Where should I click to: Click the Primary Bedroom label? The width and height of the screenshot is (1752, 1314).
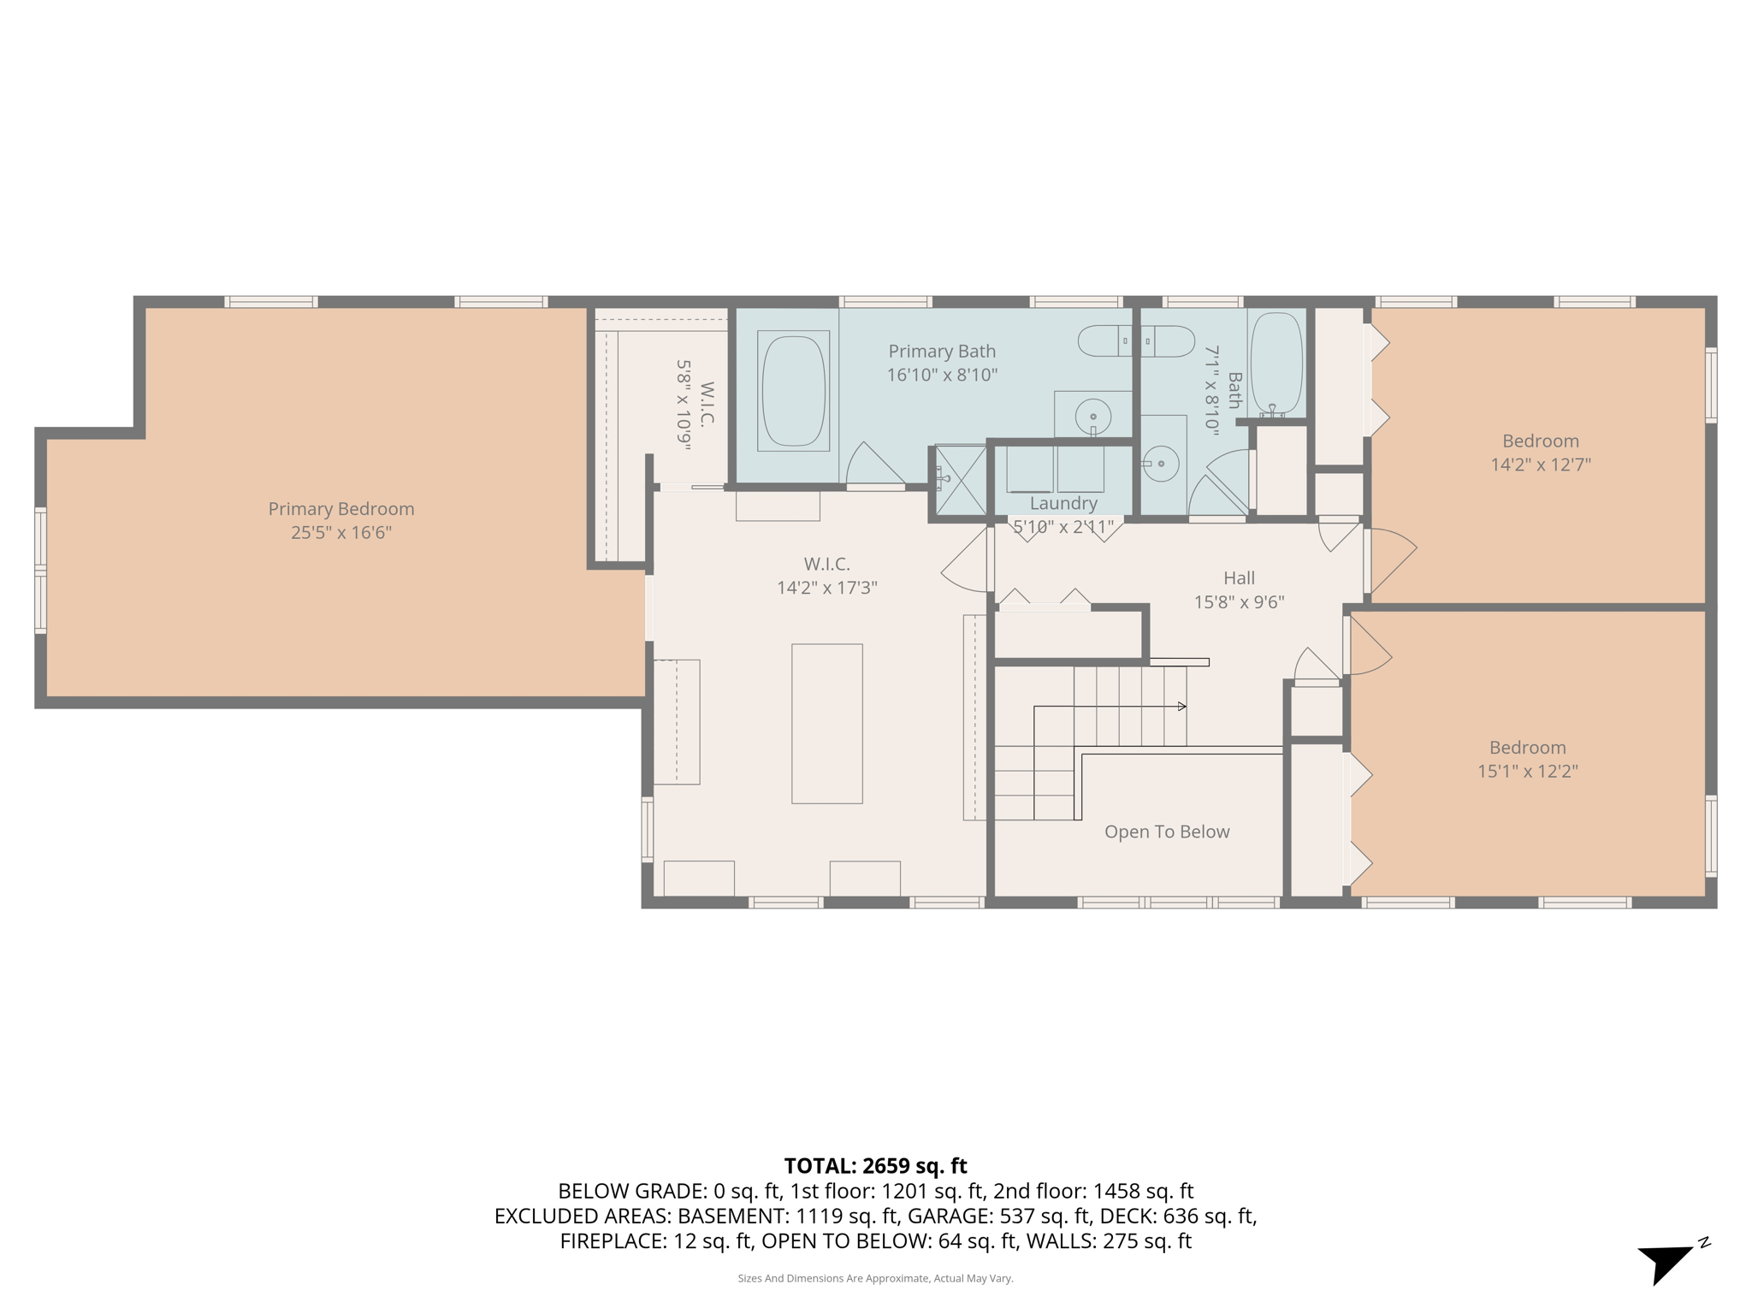pos(340,509)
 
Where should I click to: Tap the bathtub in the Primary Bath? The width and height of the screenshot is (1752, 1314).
pos(793,390)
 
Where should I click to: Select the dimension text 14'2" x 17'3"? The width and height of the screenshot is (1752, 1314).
pos(826,588)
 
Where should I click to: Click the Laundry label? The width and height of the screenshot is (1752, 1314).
pos(1062,503)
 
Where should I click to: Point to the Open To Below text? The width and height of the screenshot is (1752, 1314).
pos(1166,832)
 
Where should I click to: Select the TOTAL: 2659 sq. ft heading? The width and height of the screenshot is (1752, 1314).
pos(875,1166)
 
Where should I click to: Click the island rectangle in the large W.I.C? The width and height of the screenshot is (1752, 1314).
pos(826,724)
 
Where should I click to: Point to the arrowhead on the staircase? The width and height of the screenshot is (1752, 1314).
pos(1181,707)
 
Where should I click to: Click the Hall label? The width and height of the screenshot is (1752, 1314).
pos(1239,578)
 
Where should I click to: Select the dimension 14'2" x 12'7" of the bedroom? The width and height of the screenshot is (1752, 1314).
pos(1540,465)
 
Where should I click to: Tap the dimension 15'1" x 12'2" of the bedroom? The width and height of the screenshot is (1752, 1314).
pos(1527,771)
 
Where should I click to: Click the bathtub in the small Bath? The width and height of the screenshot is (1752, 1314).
pos(1276,364)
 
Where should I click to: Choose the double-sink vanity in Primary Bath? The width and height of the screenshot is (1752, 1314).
pos(1135,341)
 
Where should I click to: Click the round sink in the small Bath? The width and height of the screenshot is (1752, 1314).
pos(1161,464)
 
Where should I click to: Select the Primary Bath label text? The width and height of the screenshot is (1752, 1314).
pos(941,352)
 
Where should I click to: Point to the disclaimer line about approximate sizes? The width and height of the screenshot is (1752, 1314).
pos(875,1278)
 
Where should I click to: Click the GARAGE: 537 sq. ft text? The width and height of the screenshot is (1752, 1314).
pos(998,1216)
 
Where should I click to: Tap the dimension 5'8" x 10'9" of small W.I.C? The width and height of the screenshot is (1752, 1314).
pos(684,405)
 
